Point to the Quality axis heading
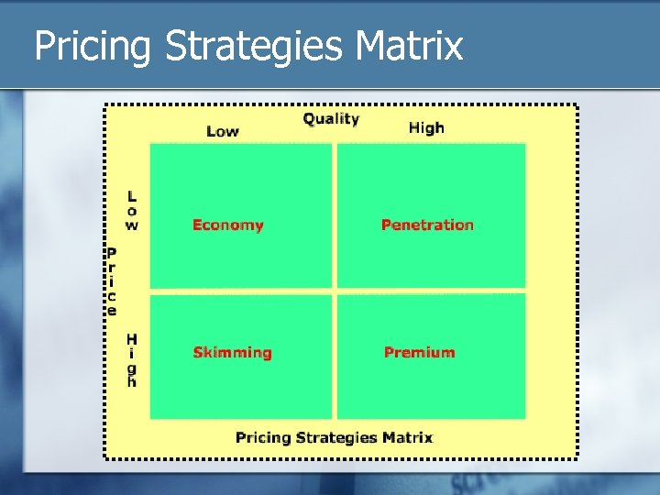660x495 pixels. pyautogui.click(x=331, y=119)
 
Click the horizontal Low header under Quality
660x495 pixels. pyautogui.click(x=223, y=131)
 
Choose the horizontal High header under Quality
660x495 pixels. pyautogui.click(x=426, y=128)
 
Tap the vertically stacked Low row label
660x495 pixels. pyautogui.click(x=132, y=210)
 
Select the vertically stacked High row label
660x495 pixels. pyautogui.click(x=132, y=360)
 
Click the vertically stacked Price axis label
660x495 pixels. pyautogui.click(x=111, y=281)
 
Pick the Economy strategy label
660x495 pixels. pyautogui.click(x=227, y=225)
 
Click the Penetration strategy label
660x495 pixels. pyautogui.click(x=427, y=225)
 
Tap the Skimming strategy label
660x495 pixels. pyautogui.click(x=232, y=353)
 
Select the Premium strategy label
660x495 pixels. pyautogui.click(x=419, y=353)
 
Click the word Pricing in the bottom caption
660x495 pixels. pyautogui.click(x=263, y=438)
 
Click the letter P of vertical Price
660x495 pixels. pyautogui.click(x=111, y=253)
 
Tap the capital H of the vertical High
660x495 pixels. pyautogui.click(x=132, y=339)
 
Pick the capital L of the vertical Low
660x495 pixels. pyautogui.click(x=132, y=195)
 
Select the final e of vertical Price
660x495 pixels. pyautogui.click(x=112, y=311)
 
